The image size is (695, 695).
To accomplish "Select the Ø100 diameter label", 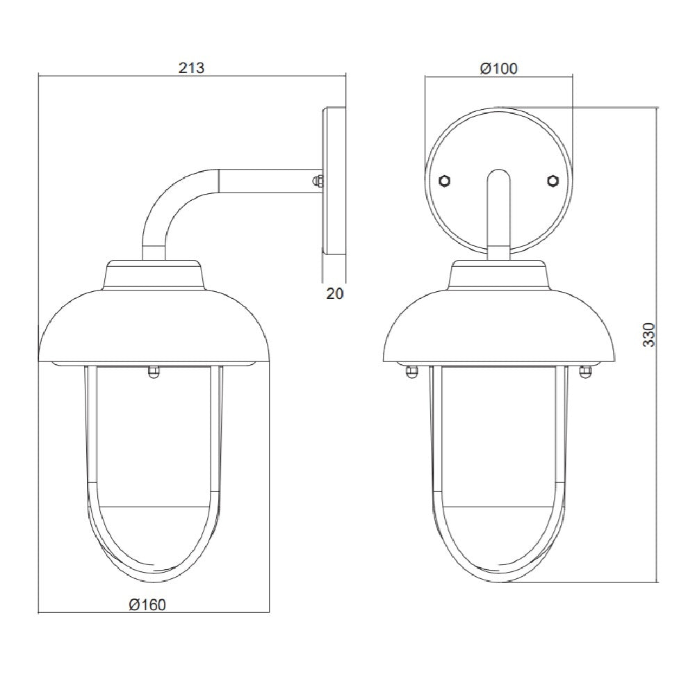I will click(499, 68).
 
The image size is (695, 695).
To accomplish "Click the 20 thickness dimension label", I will click(335, 293).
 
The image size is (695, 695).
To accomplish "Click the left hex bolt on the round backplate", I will click(445, 180).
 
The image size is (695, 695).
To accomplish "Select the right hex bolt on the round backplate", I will click(553, 180).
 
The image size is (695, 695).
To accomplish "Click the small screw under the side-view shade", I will click(153, 373).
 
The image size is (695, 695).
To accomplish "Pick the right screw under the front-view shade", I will click(584, 373).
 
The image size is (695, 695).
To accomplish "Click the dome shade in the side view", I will click(153, 327).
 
